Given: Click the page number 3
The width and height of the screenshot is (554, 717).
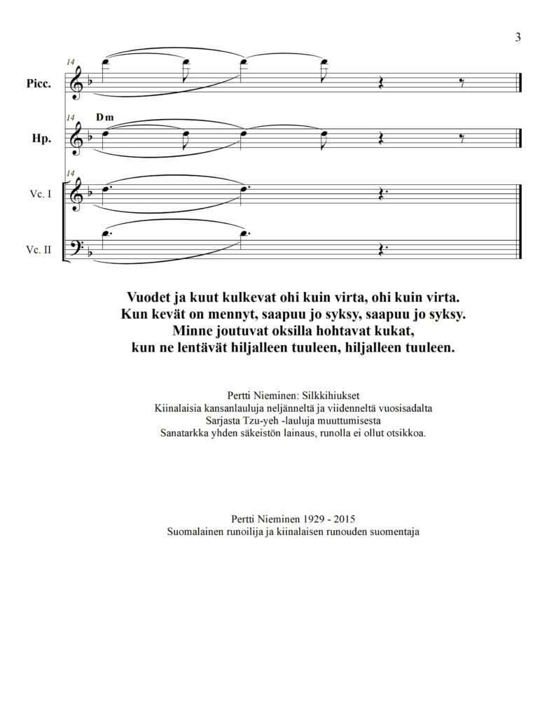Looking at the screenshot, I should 518,37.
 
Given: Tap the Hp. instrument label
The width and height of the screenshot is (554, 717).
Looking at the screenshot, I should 41,139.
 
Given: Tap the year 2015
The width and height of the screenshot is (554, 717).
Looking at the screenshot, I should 343,520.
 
